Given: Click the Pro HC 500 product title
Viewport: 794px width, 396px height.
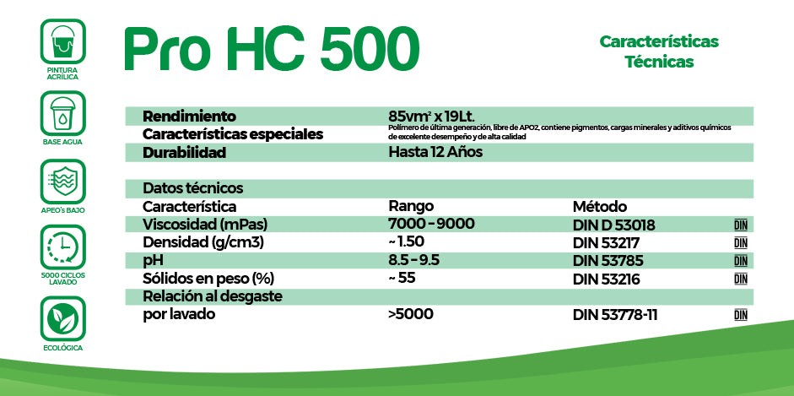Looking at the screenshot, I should (271, 49).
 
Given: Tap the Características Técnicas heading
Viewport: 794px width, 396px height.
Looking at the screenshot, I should (658, 51).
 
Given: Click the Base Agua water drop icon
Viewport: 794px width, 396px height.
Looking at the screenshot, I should (62, 113).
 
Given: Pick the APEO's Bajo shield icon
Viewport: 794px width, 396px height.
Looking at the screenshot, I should (62, 181).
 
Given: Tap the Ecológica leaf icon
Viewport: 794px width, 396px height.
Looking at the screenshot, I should (62, 318).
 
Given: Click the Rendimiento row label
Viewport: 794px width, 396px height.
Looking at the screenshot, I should (189, 116).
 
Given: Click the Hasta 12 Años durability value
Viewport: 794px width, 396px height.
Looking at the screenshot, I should (435, 153).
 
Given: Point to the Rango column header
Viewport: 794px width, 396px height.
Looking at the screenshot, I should (411, 206).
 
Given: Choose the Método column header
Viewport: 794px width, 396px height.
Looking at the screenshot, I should (599, 206).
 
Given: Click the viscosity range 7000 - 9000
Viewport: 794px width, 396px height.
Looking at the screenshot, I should (431, 224).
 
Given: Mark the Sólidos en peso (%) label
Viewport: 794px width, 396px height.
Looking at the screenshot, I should (208, 278).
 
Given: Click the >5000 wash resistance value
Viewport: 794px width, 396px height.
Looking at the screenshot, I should (410, 314).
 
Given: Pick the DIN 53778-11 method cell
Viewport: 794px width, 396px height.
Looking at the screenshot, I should (615, 315).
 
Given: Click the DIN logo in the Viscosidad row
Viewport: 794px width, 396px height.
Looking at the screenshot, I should (741, 225).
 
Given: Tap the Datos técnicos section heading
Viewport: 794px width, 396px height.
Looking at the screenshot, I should (193, 188).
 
